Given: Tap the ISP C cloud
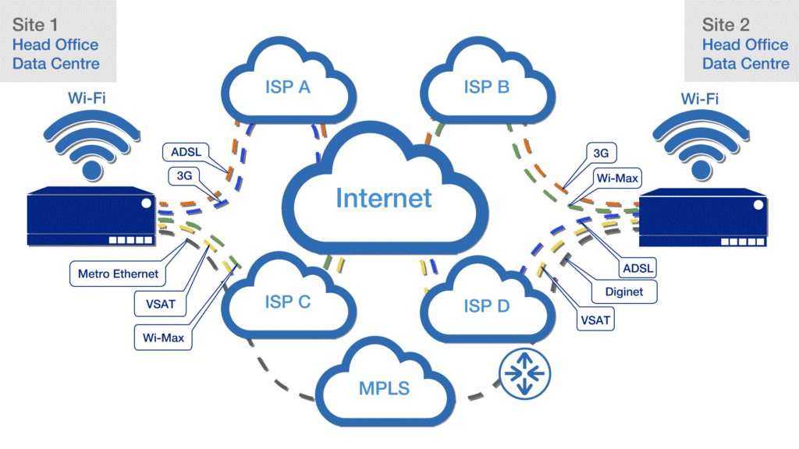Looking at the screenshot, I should click(x=289, y=301).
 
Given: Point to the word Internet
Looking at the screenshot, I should click(x=383, y=198).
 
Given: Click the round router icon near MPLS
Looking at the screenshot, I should click(x=527, y=373).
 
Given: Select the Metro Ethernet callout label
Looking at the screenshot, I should click(x=118, y=274).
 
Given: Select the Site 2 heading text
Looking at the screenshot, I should click(x=726, y=25).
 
